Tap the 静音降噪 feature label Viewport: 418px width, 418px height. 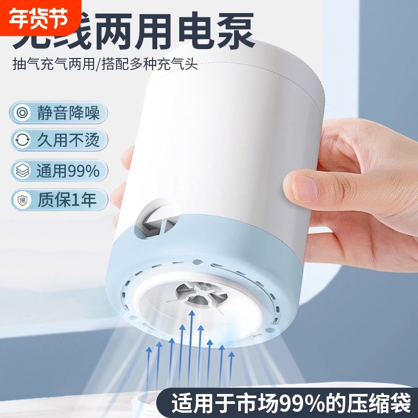tap(68, 113)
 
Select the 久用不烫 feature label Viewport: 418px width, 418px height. tap(68, 141)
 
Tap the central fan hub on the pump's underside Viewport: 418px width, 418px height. tap(199, 297)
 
